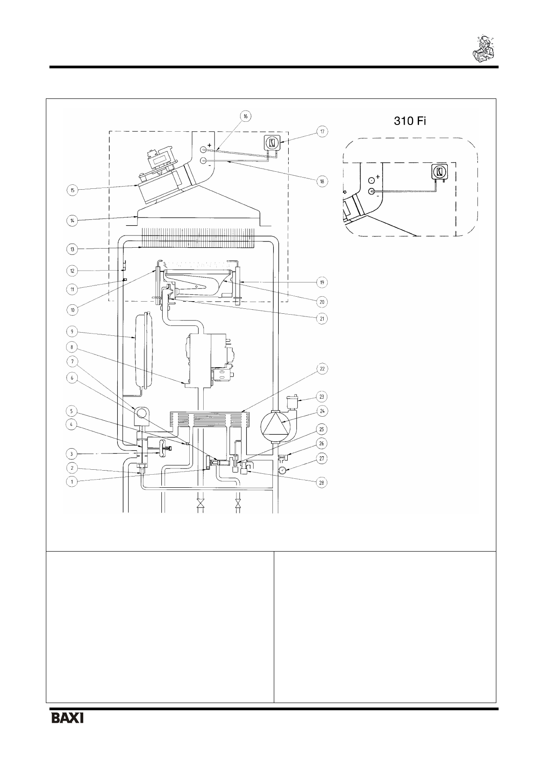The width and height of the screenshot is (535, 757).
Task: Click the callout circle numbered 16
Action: pos(245,116)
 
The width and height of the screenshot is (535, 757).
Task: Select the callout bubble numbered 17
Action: pos(322,131)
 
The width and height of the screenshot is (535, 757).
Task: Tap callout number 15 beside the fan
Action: pos(72,190)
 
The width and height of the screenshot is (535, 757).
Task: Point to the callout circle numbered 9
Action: pos(72,332)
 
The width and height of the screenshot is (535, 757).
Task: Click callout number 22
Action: pos(322,369)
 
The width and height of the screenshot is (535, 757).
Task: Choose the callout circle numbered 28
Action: pos(322,483)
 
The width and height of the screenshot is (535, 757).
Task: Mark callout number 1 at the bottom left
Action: pos(71,481)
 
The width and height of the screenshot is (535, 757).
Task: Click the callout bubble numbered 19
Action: pos(322,282)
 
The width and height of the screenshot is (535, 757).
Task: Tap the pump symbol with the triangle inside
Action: pos(275,426)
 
